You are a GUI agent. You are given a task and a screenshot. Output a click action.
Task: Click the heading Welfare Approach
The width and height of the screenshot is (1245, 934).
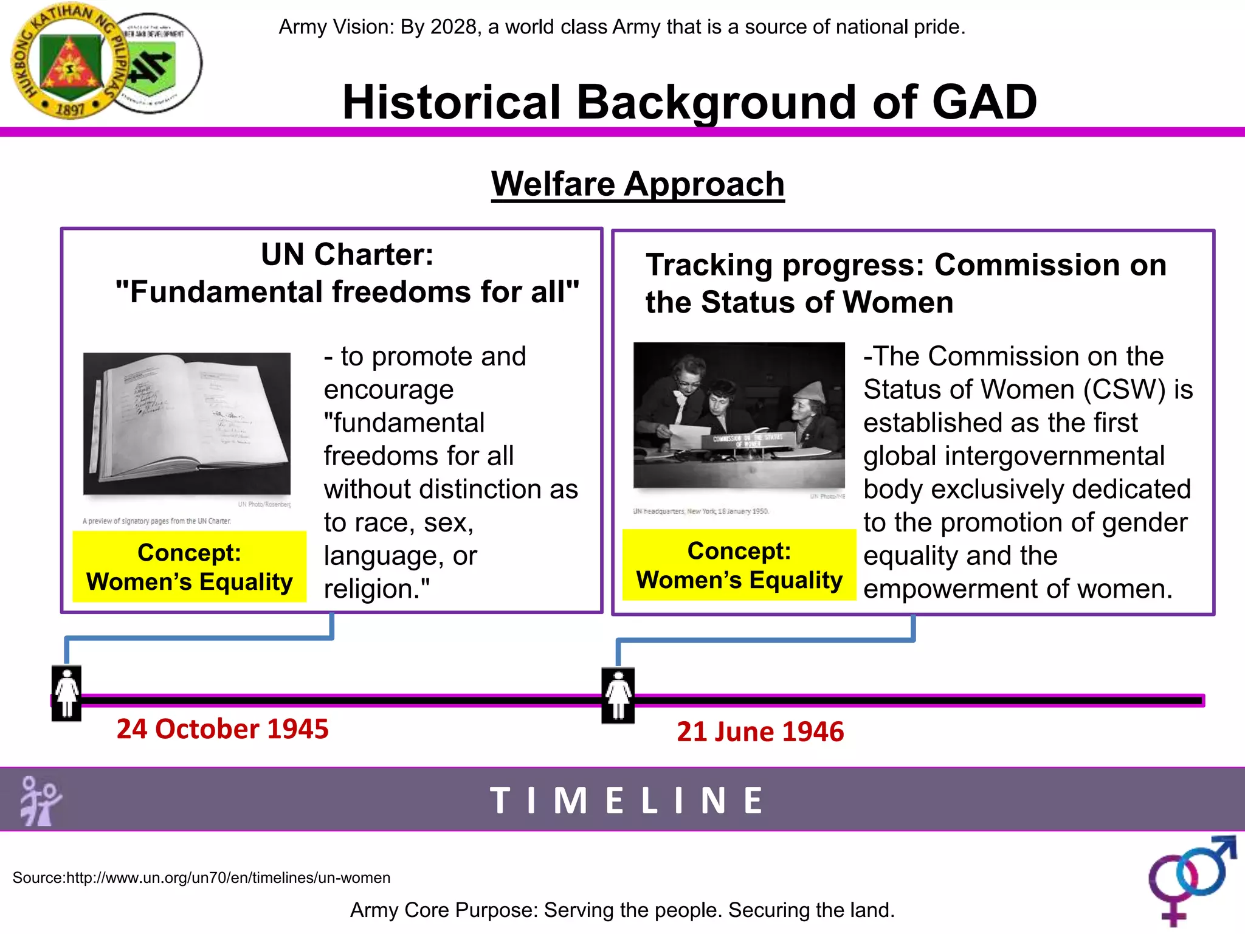[x=638, y=184]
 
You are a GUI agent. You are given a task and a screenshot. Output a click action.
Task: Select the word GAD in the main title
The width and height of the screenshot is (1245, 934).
[x=984, y=102]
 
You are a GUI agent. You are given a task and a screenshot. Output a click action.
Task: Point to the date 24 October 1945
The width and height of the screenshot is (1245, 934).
[x=222, y=728]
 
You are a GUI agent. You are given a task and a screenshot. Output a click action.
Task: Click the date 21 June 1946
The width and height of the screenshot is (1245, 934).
[x=760, y=732]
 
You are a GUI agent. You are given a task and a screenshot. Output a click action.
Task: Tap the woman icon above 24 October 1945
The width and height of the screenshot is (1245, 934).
[x=67, y=693]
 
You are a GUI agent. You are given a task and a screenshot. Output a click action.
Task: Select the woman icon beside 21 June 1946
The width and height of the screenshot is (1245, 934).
[x=618, y=695]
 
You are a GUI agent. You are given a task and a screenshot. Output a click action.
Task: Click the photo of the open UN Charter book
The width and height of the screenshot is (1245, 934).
[x=187, y=423]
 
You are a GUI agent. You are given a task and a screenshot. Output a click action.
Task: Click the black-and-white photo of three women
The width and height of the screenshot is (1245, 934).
[x=739, y=415]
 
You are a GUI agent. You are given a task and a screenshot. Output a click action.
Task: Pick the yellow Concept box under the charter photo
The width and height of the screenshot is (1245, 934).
[x=189, y=567]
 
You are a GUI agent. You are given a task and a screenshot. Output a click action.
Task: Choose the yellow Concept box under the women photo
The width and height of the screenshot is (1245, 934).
[x=739, y=565]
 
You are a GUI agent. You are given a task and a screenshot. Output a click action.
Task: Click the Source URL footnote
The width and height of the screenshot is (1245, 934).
[x=201, y=877]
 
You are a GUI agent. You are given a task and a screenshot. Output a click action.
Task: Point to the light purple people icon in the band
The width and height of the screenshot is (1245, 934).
[x=40, y=800]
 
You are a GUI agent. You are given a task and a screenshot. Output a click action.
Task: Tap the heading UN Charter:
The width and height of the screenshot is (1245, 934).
[x=347, y=254]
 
